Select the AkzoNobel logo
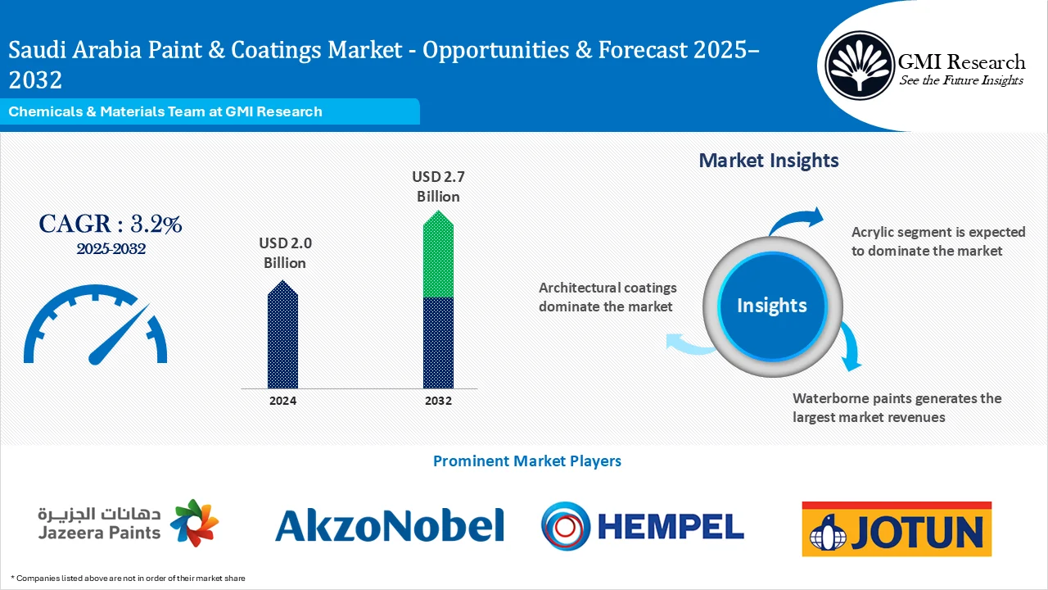[x=390, y=524]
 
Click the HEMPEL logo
[x=643, y=524]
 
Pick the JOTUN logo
[x=897, y=529]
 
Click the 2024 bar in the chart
[x=283, y=336]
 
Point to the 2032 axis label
[x=438, y=401]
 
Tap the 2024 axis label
[x=283, y=401]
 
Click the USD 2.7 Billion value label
[x=438, y=186]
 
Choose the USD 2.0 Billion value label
[x=284, y=252]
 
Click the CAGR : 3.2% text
[x=111, y=223]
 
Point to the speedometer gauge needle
[x=119, y=335]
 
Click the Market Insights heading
[x=769, y=160]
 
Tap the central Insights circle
[x=772, y=306]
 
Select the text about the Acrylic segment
[x=937, y=241]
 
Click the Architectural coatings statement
[x=608, y=297]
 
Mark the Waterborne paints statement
[x=897, y=407]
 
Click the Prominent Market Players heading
[x=526, y=461]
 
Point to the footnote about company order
[x=128, y=578]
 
